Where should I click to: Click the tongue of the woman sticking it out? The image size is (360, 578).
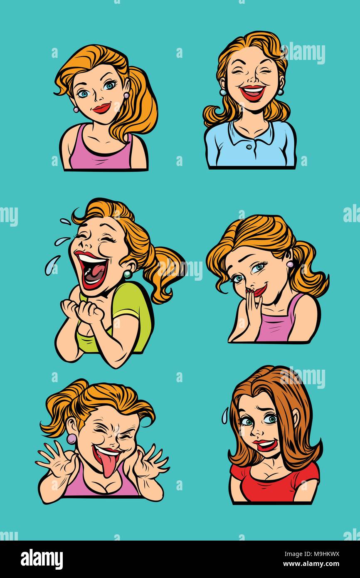[108, 465]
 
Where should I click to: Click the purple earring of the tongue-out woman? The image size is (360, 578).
[72, 438]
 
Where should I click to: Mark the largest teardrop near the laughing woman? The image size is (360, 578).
[52, 265]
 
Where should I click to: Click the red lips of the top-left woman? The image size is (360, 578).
[101, 108]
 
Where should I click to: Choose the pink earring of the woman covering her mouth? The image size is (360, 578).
[289, 264]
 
